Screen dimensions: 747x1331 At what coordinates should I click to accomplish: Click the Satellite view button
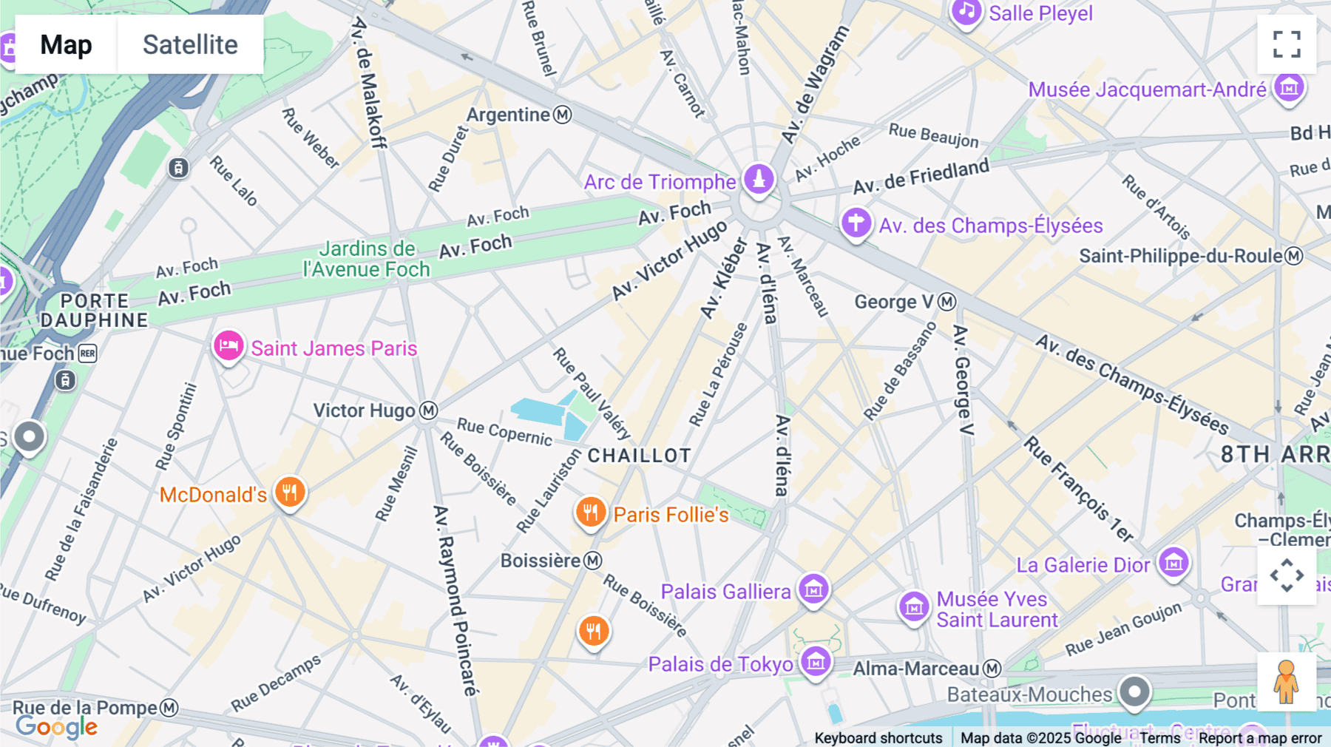point(190,44)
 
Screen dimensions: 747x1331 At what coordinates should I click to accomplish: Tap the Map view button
point(66,44)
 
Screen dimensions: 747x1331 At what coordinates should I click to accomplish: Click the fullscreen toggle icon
point(1287,44)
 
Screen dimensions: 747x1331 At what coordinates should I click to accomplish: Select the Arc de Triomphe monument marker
point(759,179)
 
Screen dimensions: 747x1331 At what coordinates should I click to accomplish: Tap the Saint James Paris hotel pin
point(228,345)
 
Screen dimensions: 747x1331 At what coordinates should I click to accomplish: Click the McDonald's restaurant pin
point(290,492)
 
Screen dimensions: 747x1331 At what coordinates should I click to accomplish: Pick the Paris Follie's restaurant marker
point(591,512)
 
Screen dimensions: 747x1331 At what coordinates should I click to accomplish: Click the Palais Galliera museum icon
point(813,590)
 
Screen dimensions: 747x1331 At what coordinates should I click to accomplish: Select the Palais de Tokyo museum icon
point(816,662)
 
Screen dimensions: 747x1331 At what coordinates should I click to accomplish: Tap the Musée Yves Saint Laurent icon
point(914,607)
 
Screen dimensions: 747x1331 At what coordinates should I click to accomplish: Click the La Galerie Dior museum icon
point(1173,564)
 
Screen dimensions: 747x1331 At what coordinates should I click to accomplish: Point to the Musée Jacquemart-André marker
point(1290,88)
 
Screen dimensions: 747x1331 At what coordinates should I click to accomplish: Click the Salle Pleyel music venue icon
point(966,12)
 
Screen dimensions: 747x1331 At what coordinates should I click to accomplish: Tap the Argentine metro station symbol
point(563,115)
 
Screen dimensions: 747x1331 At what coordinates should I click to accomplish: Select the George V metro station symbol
point(947,302)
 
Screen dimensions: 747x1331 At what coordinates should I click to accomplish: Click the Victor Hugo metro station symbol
point(429,410)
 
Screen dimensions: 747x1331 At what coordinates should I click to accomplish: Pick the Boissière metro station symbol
point(593,561)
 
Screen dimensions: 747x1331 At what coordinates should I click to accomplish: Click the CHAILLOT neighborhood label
point(640,456)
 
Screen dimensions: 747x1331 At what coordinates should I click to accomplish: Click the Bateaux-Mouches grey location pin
point(1134,692)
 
